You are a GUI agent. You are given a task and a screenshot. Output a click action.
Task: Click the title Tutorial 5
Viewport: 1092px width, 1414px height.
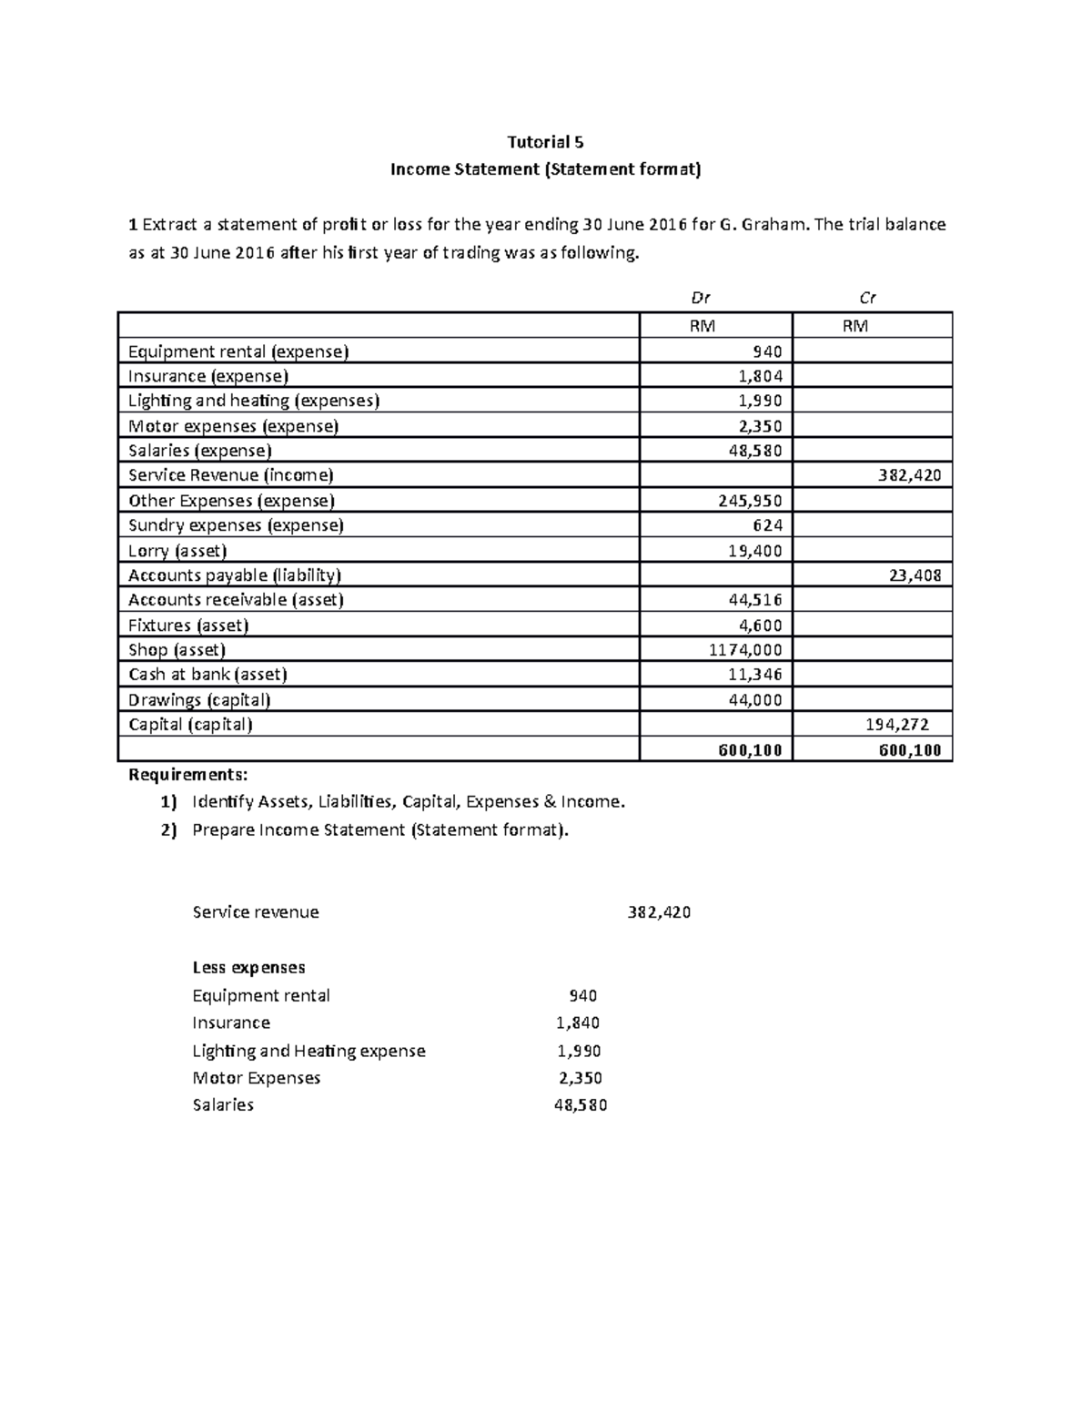click(545, 142)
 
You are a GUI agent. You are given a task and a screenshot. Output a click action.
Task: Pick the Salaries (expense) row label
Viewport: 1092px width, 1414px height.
click(200, 451)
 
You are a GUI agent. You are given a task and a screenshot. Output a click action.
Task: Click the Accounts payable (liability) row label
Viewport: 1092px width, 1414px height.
click(235, 575)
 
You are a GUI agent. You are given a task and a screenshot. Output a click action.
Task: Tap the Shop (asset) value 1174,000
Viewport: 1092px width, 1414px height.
click(745, 650)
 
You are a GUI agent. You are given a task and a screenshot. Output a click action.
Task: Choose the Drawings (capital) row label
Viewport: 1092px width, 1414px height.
click(199, 700)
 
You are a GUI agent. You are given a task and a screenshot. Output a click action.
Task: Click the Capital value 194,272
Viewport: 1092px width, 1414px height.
click(896, 725)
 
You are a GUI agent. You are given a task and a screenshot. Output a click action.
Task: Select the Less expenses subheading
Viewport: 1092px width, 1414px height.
click(248, 967)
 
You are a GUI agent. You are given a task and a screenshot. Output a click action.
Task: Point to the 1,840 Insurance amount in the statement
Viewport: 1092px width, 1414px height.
click(578, 1022)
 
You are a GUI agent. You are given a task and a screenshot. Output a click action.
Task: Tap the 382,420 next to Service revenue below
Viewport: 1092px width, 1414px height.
click(659, 912)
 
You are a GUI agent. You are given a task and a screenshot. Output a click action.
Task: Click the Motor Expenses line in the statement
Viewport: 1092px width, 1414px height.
click(257, 1078)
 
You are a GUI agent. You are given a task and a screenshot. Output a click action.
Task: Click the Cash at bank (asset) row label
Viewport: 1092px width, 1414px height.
click(207, 675)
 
